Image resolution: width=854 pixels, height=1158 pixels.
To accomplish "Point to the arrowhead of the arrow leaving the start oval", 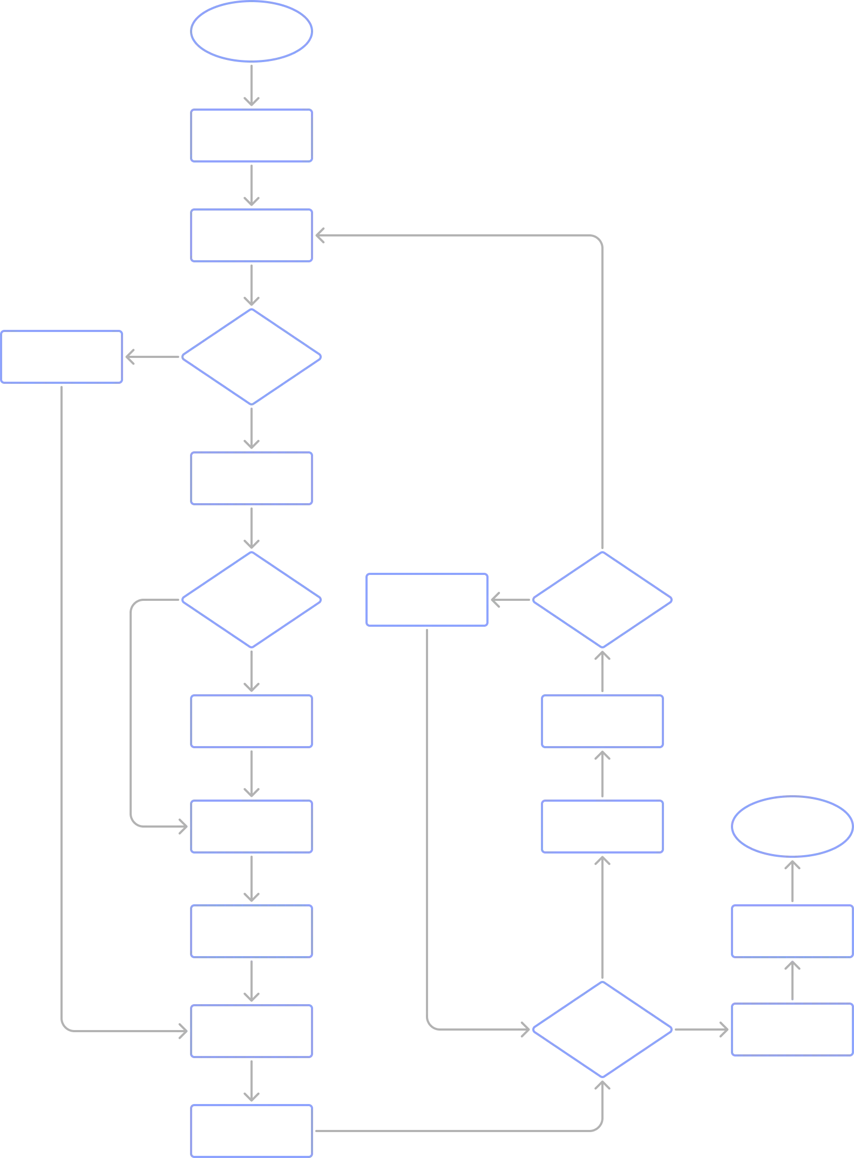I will tap(252, 101).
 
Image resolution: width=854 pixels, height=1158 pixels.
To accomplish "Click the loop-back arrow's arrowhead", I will tap(322, 236).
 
